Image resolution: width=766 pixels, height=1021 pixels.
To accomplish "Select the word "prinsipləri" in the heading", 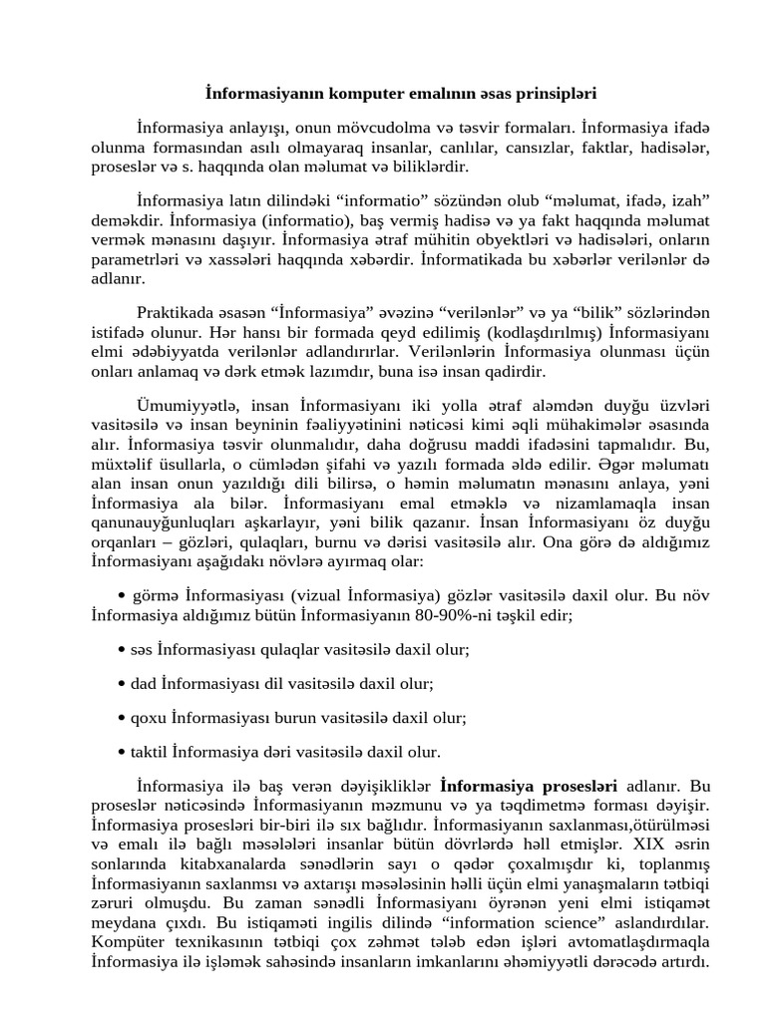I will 555,94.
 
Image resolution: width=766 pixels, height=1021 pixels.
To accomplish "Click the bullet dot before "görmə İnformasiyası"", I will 122,596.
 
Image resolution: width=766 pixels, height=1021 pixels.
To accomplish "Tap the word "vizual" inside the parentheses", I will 312,596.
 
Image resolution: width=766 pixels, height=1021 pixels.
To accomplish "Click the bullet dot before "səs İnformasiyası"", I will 122,650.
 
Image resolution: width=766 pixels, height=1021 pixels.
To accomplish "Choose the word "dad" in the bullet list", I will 144,684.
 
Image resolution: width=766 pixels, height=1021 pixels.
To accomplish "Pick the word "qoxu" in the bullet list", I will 149,718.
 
